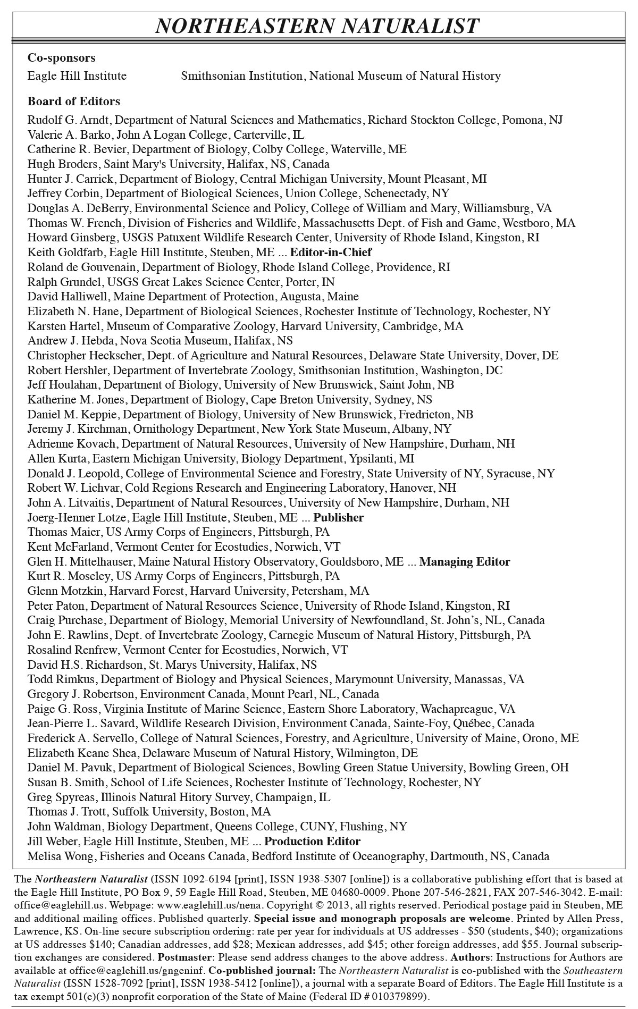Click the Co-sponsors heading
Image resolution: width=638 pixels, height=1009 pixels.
62,57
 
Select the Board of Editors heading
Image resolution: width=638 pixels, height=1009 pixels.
74,101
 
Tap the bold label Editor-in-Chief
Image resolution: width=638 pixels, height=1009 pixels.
331,252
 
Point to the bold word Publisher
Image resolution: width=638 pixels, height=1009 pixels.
338,517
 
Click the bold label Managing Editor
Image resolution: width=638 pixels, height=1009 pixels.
465,561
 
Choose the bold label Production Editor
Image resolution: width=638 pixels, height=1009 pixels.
312,841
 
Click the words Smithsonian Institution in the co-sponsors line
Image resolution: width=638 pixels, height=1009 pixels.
241,76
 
